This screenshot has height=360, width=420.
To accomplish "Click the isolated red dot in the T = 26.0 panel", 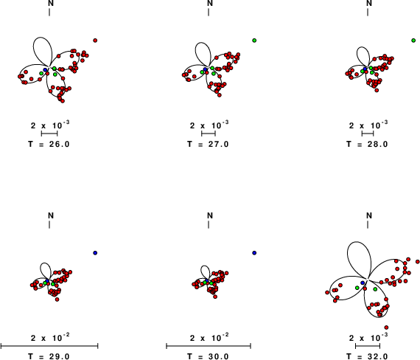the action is pos(95,41).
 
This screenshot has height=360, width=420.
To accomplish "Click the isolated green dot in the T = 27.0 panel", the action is pos(254,41).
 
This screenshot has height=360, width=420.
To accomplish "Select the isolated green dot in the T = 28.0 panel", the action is pos(413,41).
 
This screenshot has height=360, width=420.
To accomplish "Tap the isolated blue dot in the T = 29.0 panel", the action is pos(95,253).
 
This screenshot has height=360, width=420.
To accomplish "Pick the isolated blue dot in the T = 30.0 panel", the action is pos(254,253).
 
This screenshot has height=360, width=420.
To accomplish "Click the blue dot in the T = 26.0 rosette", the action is pos(45,70).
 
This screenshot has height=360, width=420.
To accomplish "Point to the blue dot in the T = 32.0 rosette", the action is pos(363,283).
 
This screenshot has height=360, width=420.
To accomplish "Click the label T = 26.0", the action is pos(49,145).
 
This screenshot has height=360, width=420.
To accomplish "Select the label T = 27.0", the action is pos(208,145).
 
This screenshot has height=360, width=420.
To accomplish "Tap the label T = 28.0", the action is pos(367,145).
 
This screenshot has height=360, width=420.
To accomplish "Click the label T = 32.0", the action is pos(367,356).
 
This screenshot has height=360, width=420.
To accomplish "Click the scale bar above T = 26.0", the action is pos(49,134).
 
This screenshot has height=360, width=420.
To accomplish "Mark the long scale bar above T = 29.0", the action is pos(49,346).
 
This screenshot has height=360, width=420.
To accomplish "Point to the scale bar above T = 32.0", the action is pos(368,346).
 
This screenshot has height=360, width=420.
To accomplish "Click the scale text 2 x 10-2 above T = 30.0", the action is pos(210,337).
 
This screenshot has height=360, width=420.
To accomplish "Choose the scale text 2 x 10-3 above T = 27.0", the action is pos(209,125).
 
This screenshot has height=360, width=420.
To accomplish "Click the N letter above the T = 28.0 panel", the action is pos(369,3).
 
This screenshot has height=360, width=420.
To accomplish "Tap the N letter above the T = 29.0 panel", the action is pos(51,215).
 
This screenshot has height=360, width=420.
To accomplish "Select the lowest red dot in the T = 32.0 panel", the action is pos(386,328).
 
